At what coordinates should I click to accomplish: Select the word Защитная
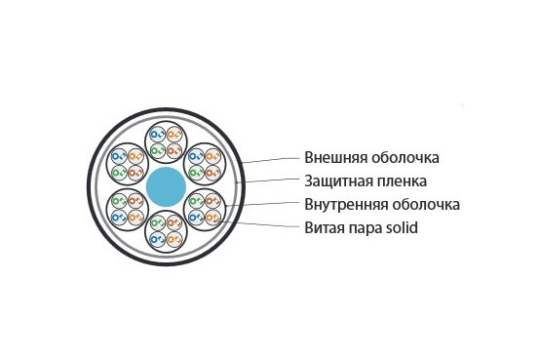[336, 180]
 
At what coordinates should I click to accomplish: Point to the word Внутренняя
[343, 204]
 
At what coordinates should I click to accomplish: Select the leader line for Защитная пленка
[268, 181]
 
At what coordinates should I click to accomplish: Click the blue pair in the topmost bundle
[156, 134]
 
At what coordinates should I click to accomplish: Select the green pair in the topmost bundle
[156, 149]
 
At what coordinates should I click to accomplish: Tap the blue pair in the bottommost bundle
[156, 220]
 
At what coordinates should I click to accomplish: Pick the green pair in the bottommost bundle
[156, 235]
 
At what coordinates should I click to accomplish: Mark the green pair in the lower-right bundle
[195, 214]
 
